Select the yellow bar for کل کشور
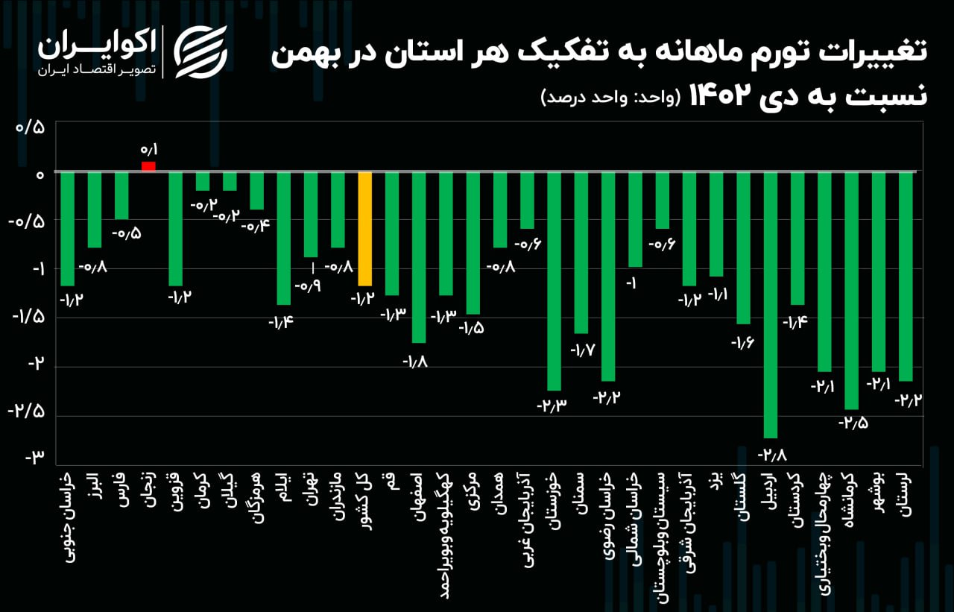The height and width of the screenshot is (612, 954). coord(365,229)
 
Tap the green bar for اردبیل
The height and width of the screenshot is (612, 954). coord(771,305)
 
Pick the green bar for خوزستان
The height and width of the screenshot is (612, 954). coord(554,281)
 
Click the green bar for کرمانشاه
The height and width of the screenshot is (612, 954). coord(852,291)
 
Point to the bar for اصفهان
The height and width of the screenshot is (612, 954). coord(419,257)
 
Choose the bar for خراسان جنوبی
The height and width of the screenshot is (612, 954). coord(67,229)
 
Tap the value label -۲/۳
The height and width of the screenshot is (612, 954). coord(552,406)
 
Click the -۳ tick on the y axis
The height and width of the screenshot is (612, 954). coord(35,458)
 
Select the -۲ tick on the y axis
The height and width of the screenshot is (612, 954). coord(35,365)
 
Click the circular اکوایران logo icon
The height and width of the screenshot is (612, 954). coord(200,51)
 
